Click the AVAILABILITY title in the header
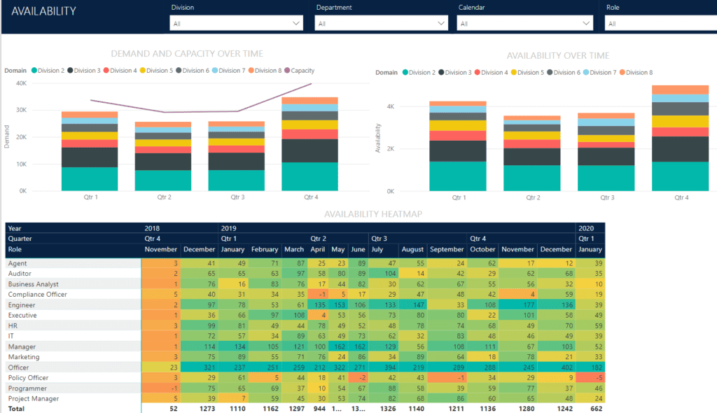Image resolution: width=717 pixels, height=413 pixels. pos(44,12)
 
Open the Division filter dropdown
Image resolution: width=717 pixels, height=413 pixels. pos(236,24)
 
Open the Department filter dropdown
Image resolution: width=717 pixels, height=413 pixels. pos(381,24)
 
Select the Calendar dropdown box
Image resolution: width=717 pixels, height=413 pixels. pos(524,24)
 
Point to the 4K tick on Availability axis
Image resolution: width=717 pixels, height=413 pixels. pos(389,106)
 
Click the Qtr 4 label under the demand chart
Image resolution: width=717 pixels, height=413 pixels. pos(311,197)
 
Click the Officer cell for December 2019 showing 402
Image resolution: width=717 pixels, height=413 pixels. pos(557,367)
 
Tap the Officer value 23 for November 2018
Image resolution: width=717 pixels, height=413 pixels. pos(161,367)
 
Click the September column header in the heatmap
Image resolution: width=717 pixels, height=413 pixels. pos(447,249)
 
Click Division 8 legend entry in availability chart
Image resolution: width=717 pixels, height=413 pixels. pos(637,73)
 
